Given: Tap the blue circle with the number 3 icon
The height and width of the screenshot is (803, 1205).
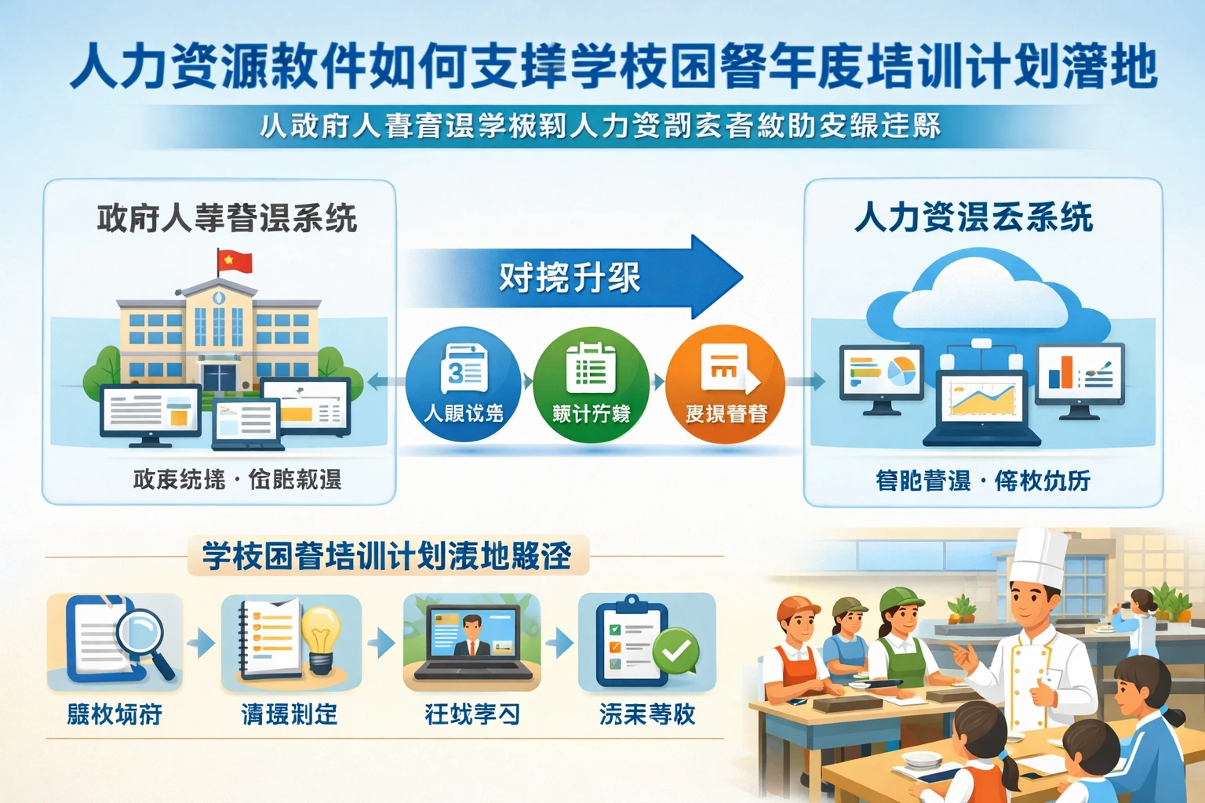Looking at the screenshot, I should [464, 383].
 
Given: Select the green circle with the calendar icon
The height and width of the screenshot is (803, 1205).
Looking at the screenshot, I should [591, 383].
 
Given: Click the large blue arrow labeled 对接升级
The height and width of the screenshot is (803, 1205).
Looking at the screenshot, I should [573, 277].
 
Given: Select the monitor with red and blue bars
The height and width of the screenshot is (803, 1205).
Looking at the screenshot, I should [1080, 375].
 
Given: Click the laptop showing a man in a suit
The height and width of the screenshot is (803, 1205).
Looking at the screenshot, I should [471, 639].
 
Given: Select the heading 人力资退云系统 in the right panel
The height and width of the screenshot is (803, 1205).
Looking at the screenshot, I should [974, 217].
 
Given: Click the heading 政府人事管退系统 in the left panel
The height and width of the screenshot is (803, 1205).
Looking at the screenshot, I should [227, 219].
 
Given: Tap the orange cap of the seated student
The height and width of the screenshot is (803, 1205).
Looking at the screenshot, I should [795, 607].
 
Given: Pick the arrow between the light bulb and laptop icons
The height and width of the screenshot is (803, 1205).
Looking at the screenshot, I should [381, 643].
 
